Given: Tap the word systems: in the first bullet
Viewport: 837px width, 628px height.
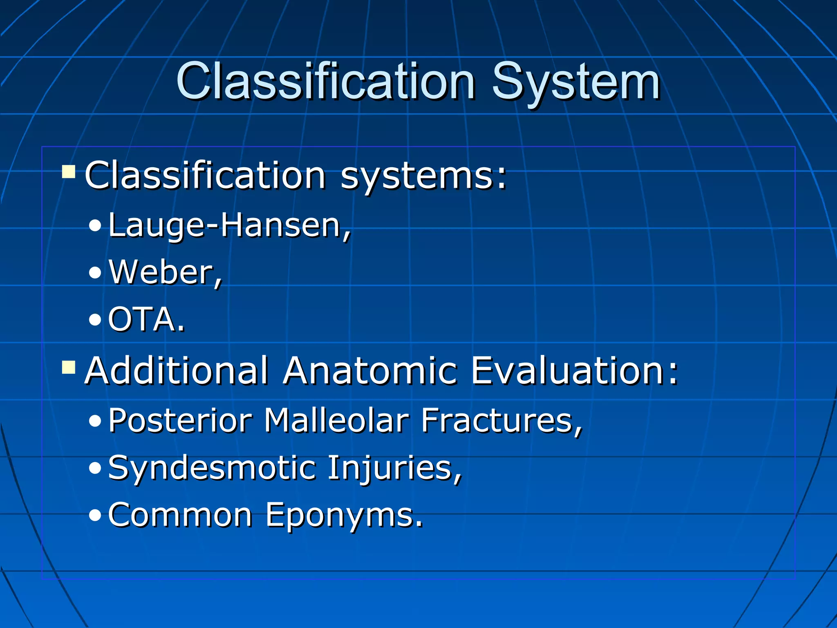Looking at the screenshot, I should tap(423, 176).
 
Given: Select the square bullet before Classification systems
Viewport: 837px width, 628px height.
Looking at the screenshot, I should tap(69, 172).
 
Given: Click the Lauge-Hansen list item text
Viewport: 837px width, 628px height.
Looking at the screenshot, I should tap(229, 226).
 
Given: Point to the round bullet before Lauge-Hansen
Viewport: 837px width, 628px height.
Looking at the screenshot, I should tap(95, 226).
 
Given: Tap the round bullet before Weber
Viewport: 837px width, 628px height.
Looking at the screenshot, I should tap(95, 273).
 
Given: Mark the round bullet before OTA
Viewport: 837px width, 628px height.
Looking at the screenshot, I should tap(95, 320).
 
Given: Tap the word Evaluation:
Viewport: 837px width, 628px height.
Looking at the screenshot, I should tap(574, 371).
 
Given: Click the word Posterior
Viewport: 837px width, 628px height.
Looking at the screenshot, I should tap(180, 421).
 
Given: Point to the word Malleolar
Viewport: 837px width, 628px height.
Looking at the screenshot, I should tap(336, 421).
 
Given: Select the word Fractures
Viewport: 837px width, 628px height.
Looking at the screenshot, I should tap(501, 421).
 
